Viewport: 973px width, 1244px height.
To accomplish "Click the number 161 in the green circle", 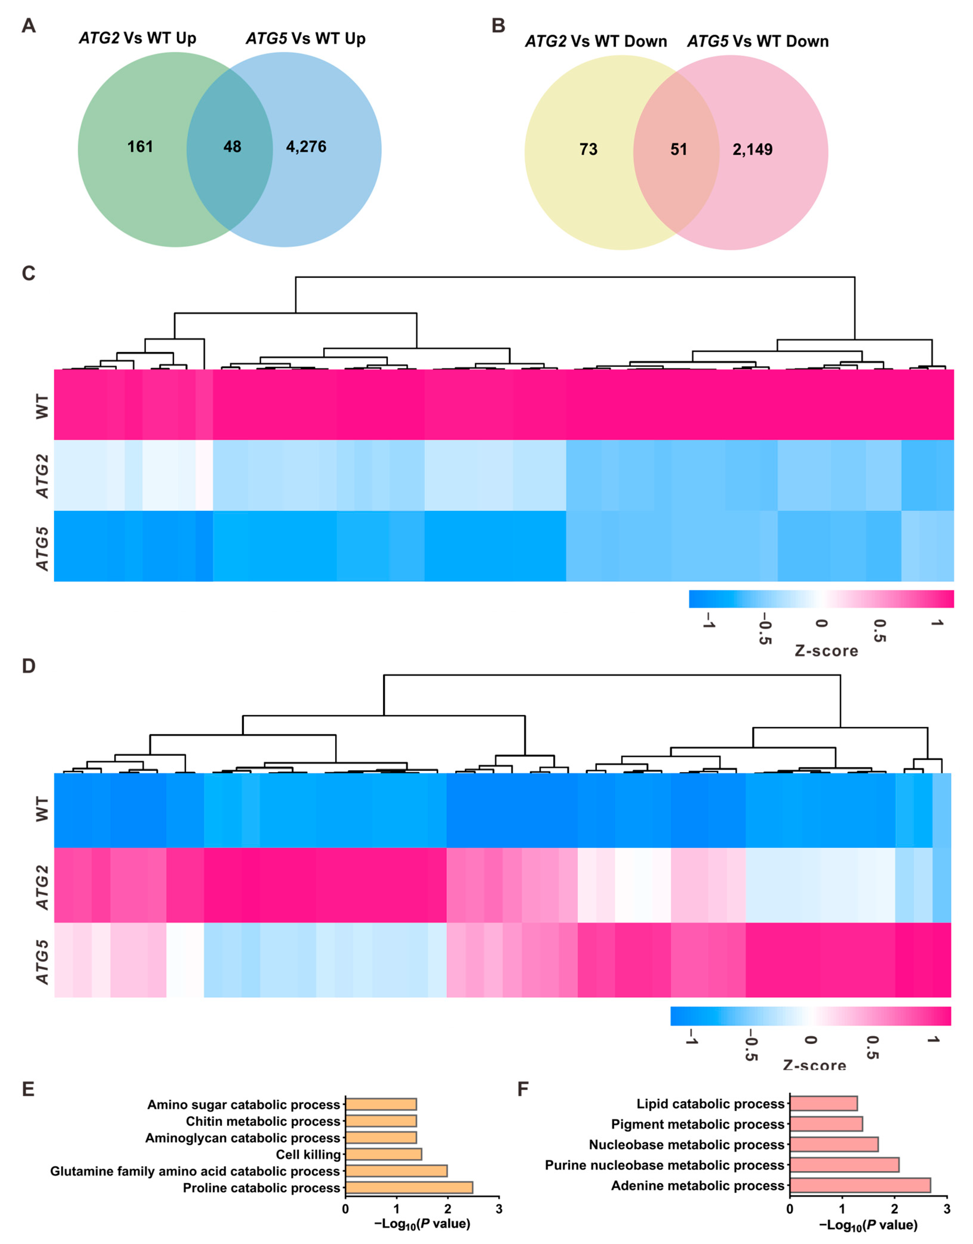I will [140, 147].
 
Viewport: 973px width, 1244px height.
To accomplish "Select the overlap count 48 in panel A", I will [232, 147].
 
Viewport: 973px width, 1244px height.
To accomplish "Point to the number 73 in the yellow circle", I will [588, 149].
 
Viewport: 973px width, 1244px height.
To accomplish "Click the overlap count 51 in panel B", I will [679, 149].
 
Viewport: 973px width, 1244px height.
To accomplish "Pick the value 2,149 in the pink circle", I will [753, 149].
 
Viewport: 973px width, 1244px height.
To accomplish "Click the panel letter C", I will [28, 274].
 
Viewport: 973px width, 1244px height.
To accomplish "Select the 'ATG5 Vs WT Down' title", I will [758, 42].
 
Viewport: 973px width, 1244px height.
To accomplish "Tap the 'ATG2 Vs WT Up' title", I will [137, 38].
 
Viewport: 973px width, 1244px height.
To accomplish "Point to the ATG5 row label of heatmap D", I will [42, 962].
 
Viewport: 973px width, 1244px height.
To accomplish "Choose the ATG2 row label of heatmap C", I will [42, 476].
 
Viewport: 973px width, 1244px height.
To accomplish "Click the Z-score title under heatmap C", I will [826, 651].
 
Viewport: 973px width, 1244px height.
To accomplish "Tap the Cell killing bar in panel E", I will [383, 1154].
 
